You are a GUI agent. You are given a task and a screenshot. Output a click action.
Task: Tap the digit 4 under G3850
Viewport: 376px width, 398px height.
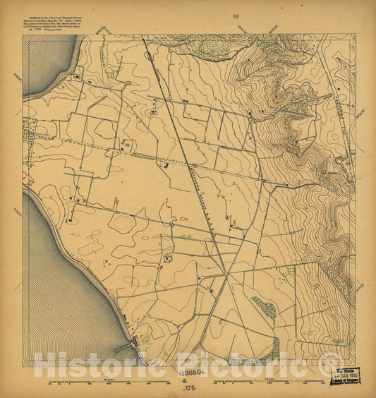(187, 380)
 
